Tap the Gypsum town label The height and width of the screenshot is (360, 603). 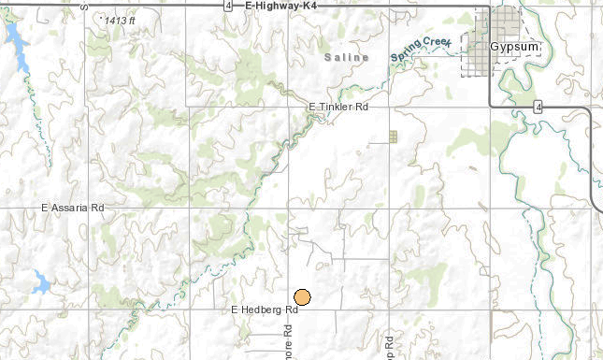point(510,45)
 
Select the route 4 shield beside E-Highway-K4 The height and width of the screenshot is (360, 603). point(228,6)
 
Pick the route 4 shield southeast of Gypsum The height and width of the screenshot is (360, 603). point(539,108)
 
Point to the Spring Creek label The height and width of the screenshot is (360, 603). point(422,50)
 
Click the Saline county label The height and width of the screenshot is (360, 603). point(340,57)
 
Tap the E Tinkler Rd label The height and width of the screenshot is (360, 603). point(338,108)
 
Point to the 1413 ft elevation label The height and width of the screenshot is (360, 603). point(120,20)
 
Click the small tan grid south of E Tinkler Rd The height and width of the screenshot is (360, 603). point(393,137)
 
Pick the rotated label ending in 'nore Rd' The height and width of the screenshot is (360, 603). point(289,340)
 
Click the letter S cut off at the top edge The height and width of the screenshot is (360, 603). point(83,4)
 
